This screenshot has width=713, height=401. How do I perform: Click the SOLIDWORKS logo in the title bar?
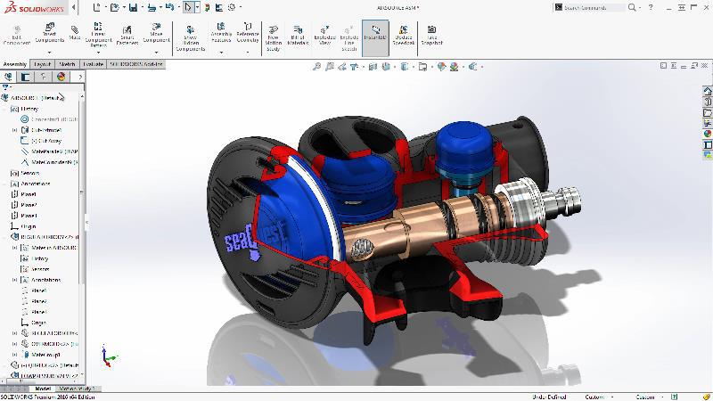29,7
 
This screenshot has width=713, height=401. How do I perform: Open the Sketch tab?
67,65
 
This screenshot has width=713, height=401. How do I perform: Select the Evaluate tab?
94,65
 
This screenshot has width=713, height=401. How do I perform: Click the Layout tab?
42,65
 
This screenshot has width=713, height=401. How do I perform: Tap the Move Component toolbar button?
156,36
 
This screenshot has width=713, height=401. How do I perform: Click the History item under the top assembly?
29,109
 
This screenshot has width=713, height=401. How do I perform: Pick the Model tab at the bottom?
42,389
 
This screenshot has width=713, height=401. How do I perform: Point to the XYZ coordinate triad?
105,357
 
